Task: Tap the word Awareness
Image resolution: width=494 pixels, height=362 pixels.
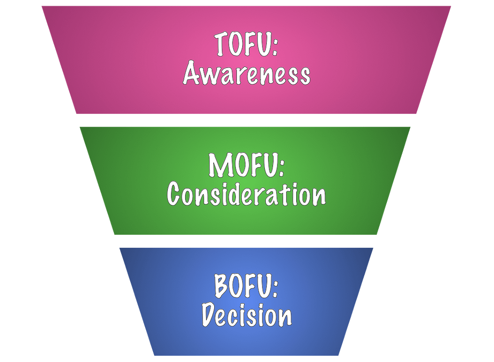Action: [x=247, y=75]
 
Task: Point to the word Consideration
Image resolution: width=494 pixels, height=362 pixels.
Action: [x=247, y=195]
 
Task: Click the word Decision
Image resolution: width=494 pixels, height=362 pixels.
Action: [x=247, y=316]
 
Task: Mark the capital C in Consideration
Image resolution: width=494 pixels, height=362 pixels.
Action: [x=174, y=195]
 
